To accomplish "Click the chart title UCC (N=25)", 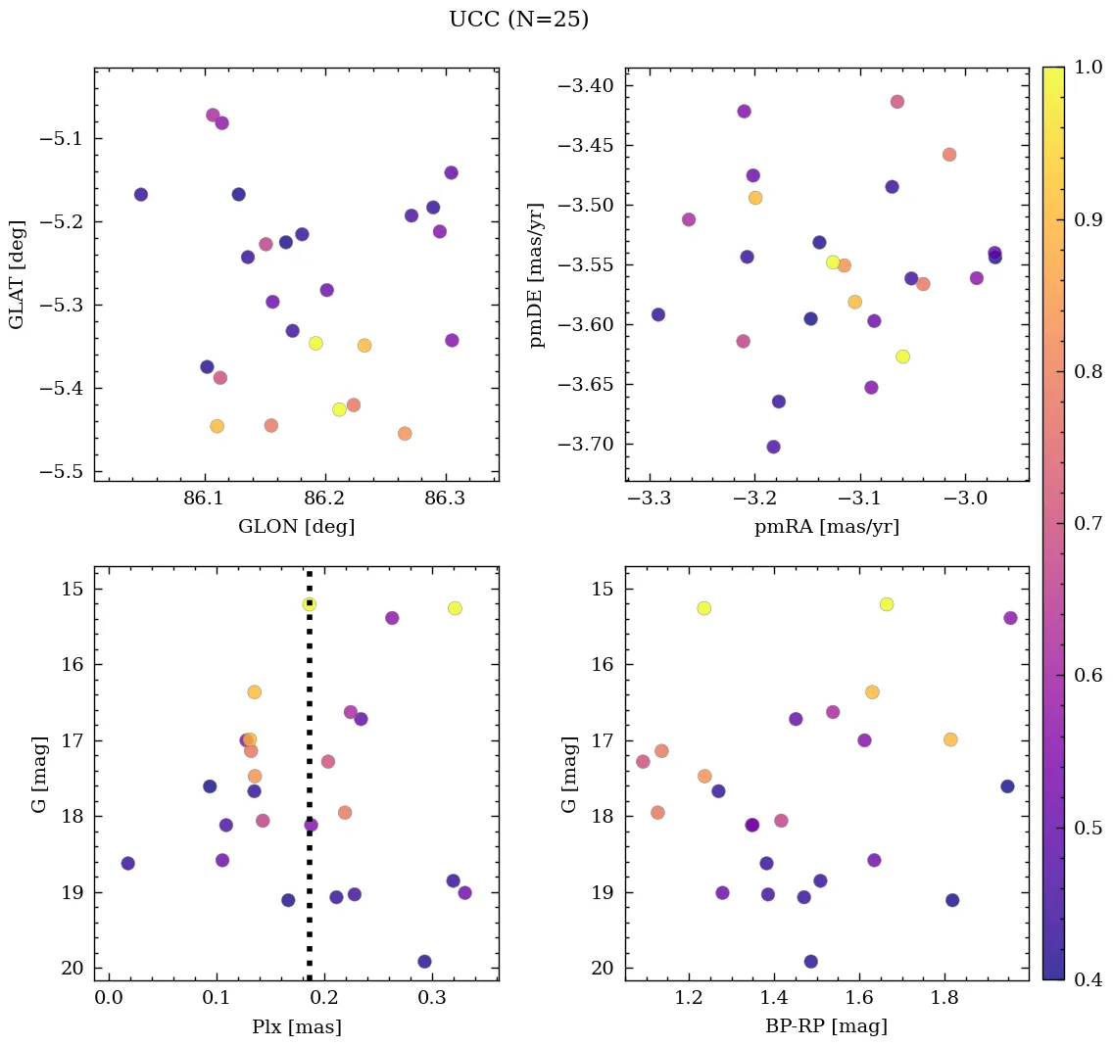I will coord(518,20).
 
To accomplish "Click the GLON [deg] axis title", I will coord(296,527).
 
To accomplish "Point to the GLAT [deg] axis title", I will coord(17,275).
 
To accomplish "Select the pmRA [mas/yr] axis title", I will coord(827,527).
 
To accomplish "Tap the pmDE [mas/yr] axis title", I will coord(537,275).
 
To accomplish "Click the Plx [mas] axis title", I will coord(296,1027).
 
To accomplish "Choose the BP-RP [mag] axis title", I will coord(827,1027).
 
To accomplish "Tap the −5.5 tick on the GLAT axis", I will coord(63,472).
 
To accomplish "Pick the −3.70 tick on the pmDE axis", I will coord(586,445).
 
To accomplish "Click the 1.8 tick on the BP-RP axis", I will coord(944,999).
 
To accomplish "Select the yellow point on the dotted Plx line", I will coord(310,604).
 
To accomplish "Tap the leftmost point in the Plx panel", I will coord(127,863).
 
